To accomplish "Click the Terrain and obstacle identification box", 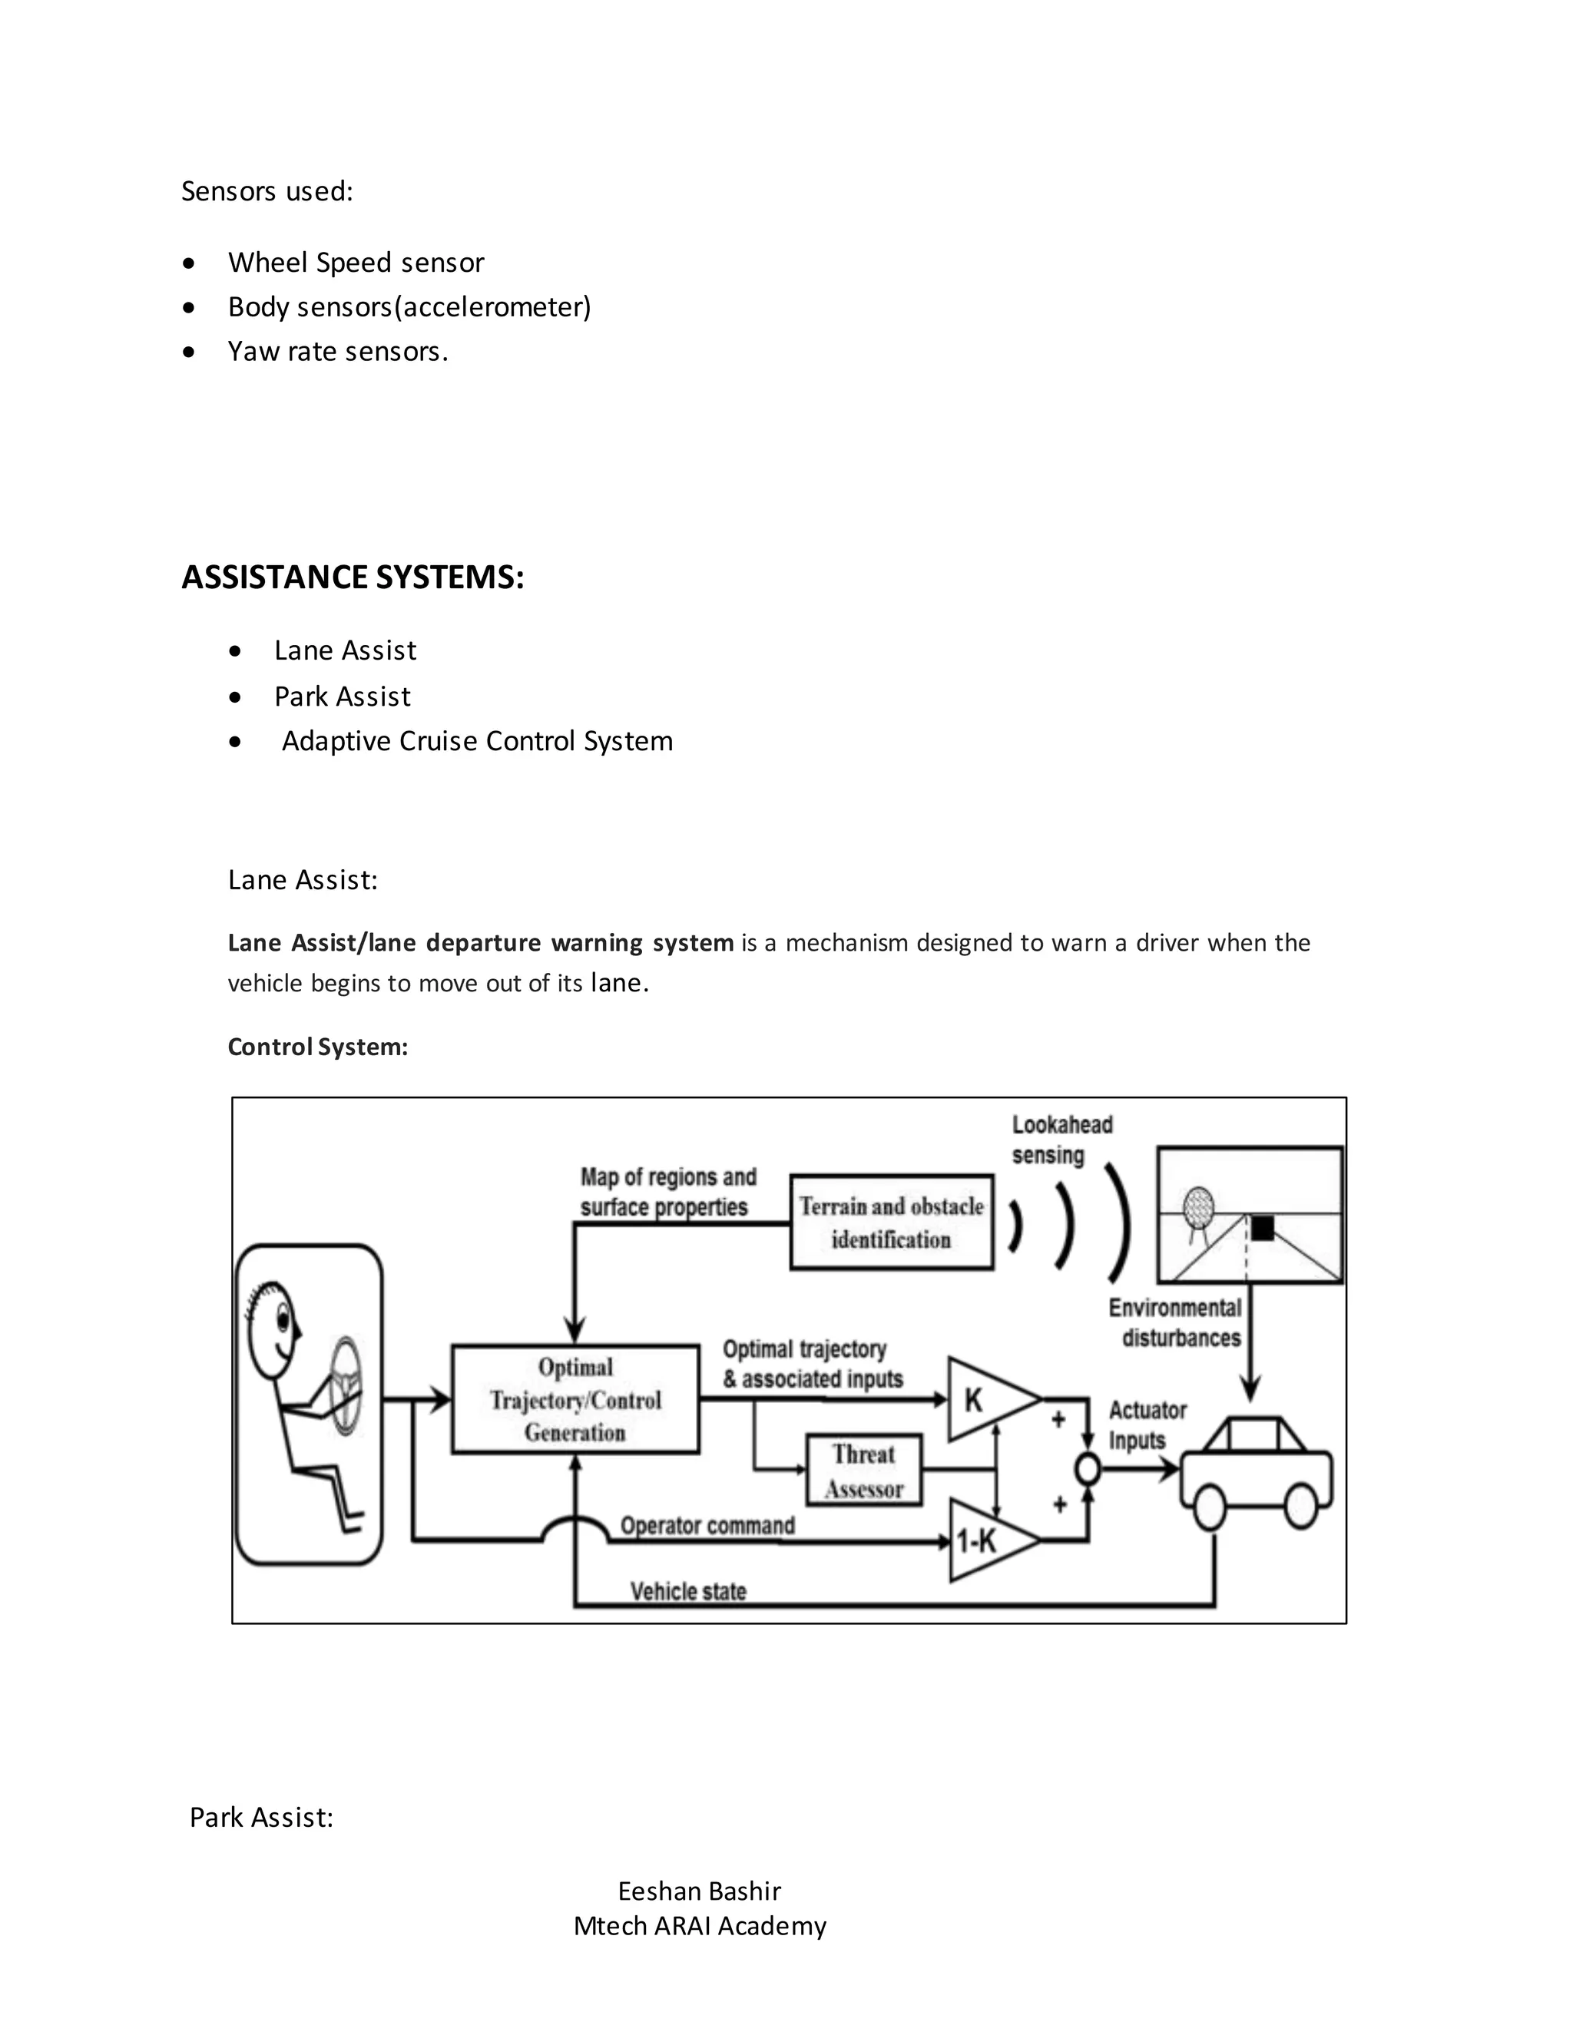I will coord(891,1222).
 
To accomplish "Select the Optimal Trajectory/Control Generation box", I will coord(575,1398).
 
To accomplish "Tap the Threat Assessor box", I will coord(864,1471).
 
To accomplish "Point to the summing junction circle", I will coord(1087,1469).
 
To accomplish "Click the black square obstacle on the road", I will coord(1262,1227).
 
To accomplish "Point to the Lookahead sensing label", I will coord(1061,1140).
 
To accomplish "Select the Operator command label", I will coord(707,1525).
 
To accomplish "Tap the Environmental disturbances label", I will coord(1176,1322).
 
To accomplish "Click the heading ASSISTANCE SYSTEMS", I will coord(353,577).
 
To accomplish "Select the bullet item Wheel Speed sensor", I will coord(355,263).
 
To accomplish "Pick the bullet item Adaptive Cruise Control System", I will coord(476,741).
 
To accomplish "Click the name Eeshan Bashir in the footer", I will coord(699,1891).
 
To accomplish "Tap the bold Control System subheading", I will coord(318,1047).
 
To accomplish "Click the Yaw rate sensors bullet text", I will coord(337,351).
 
